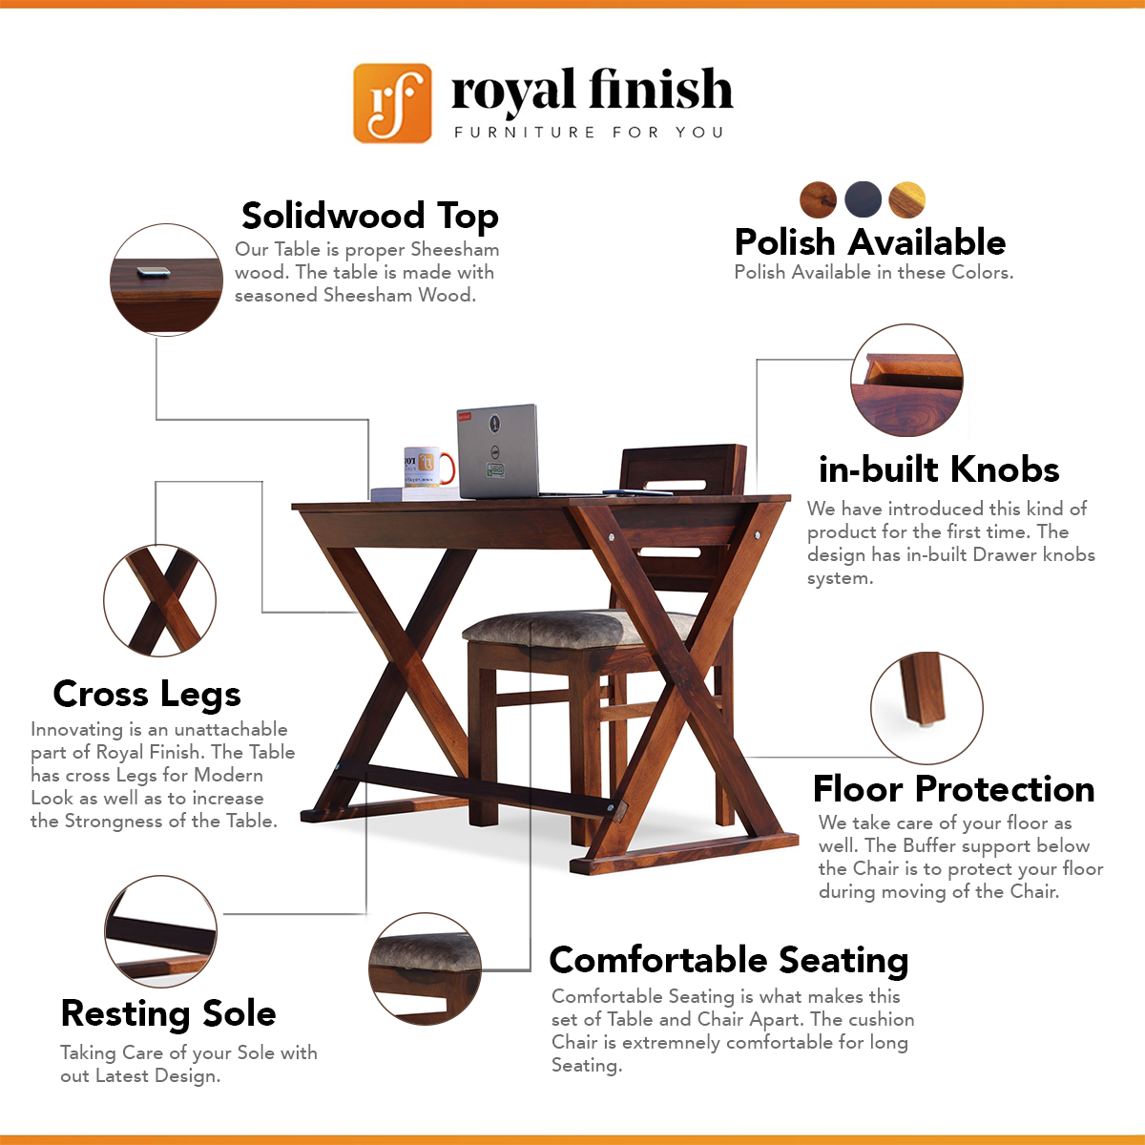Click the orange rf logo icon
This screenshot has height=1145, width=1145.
[392, 103]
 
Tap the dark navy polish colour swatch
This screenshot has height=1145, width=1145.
[863, 199]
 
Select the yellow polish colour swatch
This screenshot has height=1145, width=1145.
[906, 199]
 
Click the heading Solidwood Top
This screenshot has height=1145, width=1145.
[369, 215]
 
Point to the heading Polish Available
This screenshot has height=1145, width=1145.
[870, 241]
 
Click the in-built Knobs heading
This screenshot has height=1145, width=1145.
[939, 469]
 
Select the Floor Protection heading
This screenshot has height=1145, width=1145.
[953, 789]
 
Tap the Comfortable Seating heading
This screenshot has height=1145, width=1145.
[729, 960]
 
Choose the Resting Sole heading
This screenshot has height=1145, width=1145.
[168, 1013]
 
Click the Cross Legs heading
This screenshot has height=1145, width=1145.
[147, 694]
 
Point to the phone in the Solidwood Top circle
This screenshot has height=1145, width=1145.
[154, 272]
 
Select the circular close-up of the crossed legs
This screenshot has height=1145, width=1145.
[160, 601]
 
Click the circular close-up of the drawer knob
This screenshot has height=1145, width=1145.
[906, 381]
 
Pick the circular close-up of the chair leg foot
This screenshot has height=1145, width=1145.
[926, 708]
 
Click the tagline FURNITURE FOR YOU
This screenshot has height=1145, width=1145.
[589, 132]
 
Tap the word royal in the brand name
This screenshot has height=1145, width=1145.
[513, 91]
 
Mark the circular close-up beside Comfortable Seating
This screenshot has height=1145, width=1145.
[425, 968]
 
